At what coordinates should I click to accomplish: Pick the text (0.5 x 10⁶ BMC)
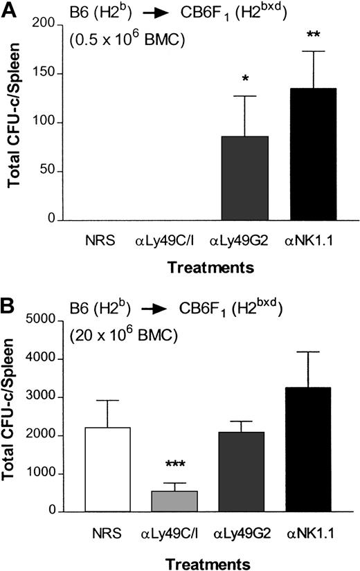[119, 40]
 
